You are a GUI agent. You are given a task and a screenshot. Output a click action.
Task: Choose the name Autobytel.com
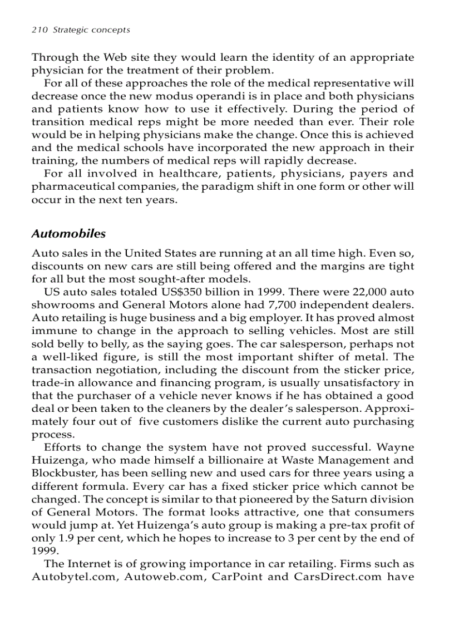(x=74, y=576)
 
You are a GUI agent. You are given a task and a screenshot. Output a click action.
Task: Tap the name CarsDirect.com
(x=329, y=576)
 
